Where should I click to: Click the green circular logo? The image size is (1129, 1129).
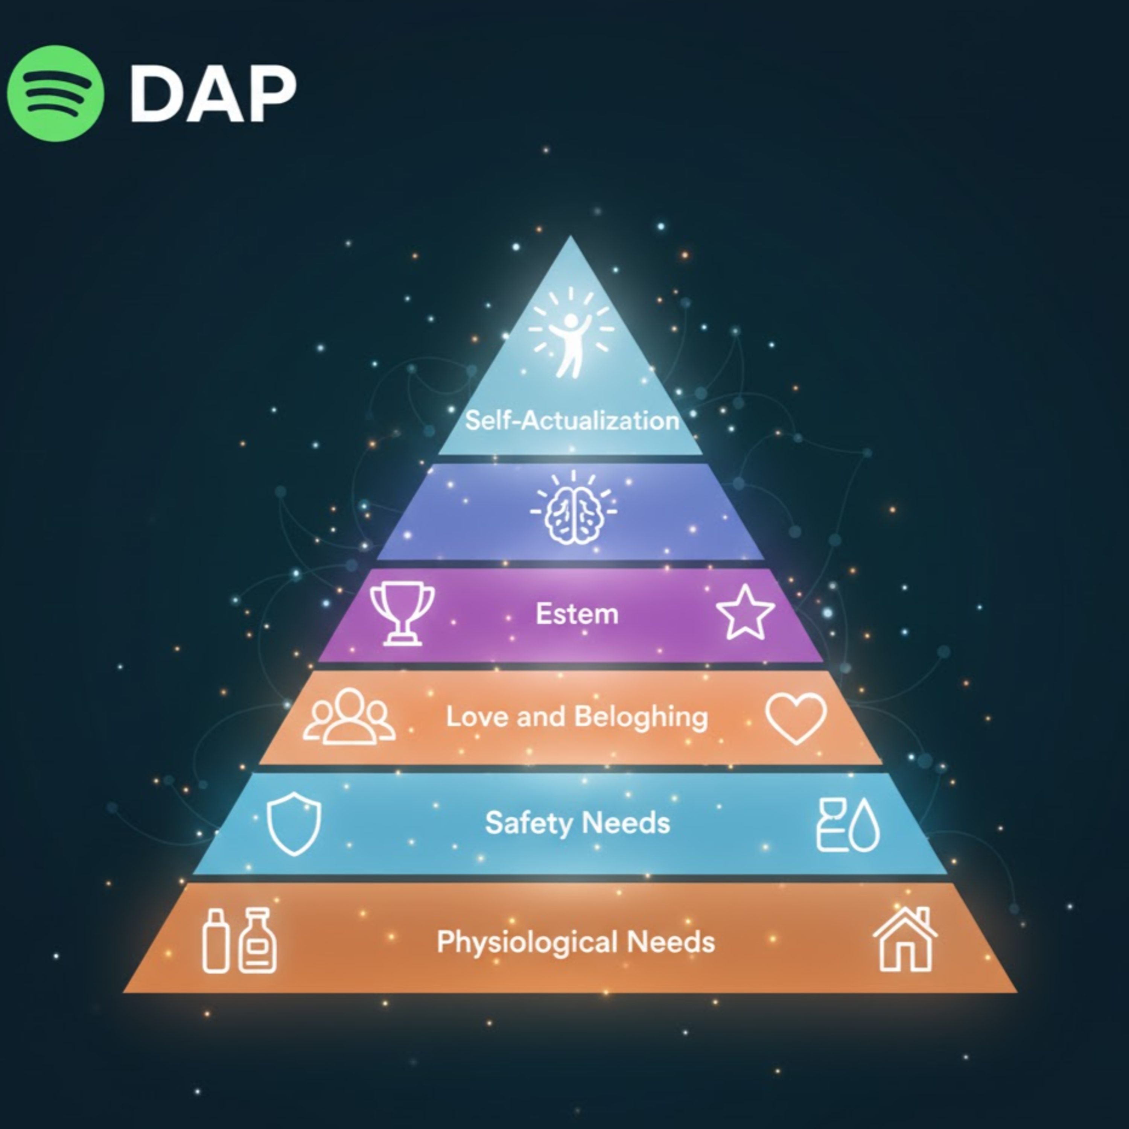pyautogui.click(x=56, y=93)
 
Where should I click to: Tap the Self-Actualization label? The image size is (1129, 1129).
pyautogui.click(x=572, y=420)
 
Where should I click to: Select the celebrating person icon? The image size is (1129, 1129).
pyautogui.click(x=571, y=333)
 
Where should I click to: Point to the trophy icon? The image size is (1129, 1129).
pyautogui.click(x=402, y=613)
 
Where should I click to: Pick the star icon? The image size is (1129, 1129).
pyautogui.click(x=745, y=613)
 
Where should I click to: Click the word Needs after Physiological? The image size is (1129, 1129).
pyautogui.click(x=671, y=942)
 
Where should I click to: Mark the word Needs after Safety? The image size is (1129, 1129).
pyautogui.click(x=626, y=823)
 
